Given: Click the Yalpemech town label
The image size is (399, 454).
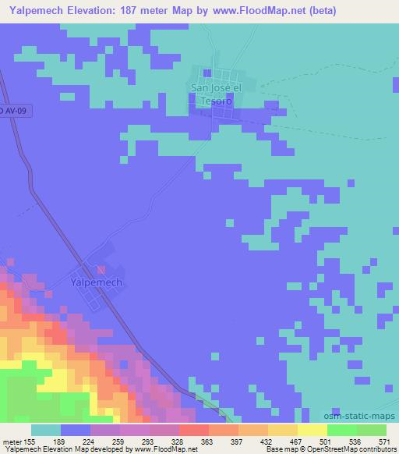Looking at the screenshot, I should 96,282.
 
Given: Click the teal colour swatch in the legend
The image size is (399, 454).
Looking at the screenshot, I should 46,430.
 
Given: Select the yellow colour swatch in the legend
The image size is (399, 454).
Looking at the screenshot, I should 312,430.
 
